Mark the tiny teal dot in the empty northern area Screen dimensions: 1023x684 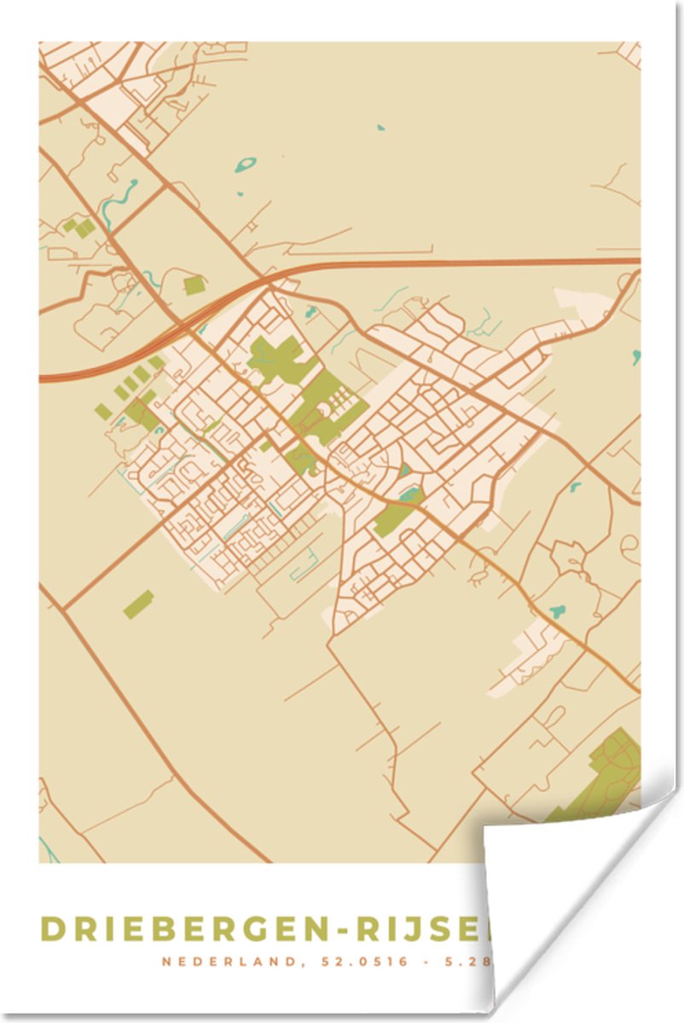tap(380, 128)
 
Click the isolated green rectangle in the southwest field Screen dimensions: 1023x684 tap(138, 604)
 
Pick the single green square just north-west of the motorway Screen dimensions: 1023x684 tap(194, 286)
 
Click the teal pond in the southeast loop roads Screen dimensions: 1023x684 tap(558, 611)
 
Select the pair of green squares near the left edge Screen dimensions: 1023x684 tap(79, 228)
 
